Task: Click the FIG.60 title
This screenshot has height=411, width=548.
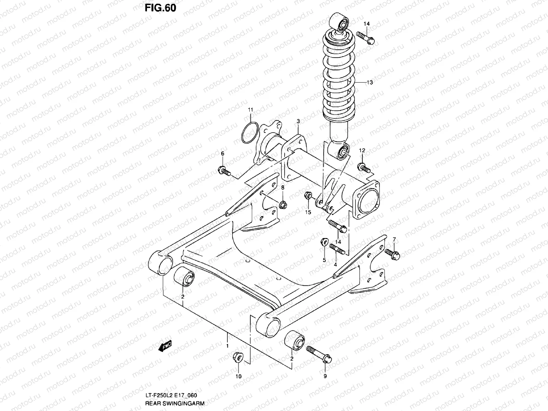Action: click(160, 8)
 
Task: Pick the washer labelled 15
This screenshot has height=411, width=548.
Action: click(308, 196)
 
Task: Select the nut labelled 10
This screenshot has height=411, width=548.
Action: click(237, 358)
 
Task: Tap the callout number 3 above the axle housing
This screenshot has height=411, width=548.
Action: click(298, 121)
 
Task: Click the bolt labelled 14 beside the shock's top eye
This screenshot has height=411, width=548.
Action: click(365, 37)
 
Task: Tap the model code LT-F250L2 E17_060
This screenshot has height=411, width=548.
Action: click(171, 396)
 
